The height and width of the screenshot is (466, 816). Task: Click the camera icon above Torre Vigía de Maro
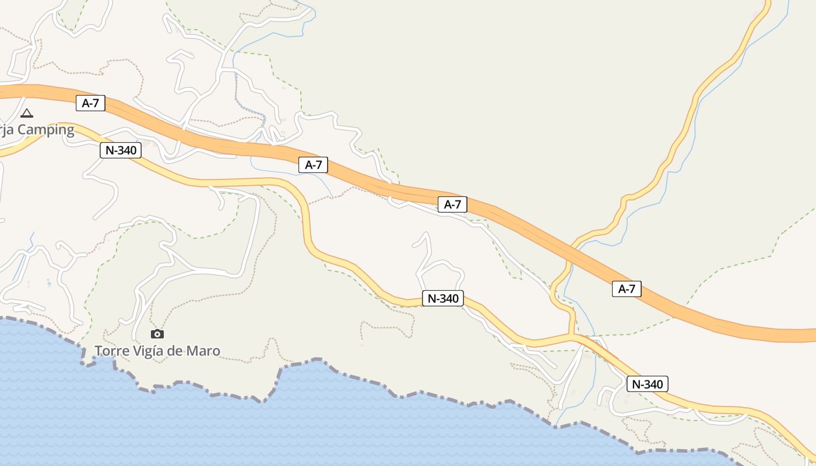click(x=157, y=334)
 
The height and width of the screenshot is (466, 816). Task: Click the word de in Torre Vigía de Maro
click(x=178, y=351)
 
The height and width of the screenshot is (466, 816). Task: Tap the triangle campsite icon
click(x=26, y=113)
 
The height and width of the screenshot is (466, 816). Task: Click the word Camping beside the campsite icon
click(x=45, y=130)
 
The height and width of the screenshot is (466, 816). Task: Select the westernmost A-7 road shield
click(x=90, y=104)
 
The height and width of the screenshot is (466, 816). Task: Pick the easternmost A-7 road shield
click(x=627, y=288)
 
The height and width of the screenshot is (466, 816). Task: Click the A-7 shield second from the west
click(x=313, y=165)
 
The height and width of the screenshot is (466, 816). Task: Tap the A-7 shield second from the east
click(x=452, y=204)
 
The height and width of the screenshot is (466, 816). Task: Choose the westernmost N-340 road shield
click(x=121, y=150)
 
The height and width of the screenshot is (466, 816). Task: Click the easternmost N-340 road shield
click(x=647, y=384)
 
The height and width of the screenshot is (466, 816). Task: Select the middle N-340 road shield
click(x=443, y=299)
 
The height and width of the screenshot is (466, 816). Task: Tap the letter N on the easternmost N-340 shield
click(x=636, y=384)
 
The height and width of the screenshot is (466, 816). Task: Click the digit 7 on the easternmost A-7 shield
click(x=632, y=288)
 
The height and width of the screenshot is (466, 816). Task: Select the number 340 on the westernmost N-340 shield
click(x=126, y=150)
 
